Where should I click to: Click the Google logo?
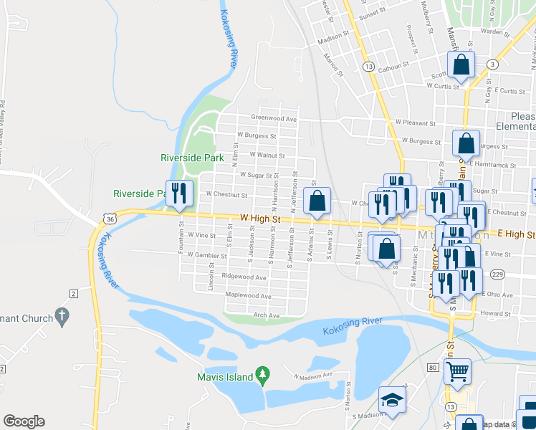coord(24,421)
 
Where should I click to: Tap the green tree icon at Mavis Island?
coord(263,374)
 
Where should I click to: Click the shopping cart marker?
coord(457,371)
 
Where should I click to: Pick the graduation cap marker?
coord(392,400)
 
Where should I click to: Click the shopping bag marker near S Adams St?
coord(316,201)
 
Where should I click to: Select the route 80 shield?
coord(432,368)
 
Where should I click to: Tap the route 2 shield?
coord(73,293)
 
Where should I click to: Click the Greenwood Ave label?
coord(273,119)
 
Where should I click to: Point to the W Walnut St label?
coord(267,155)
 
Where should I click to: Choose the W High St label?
coord(259,218)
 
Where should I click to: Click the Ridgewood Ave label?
coord(244,277)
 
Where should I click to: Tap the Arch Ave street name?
coord(264,315)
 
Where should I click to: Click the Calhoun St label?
coord(393,64)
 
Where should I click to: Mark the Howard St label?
coord(493,312)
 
